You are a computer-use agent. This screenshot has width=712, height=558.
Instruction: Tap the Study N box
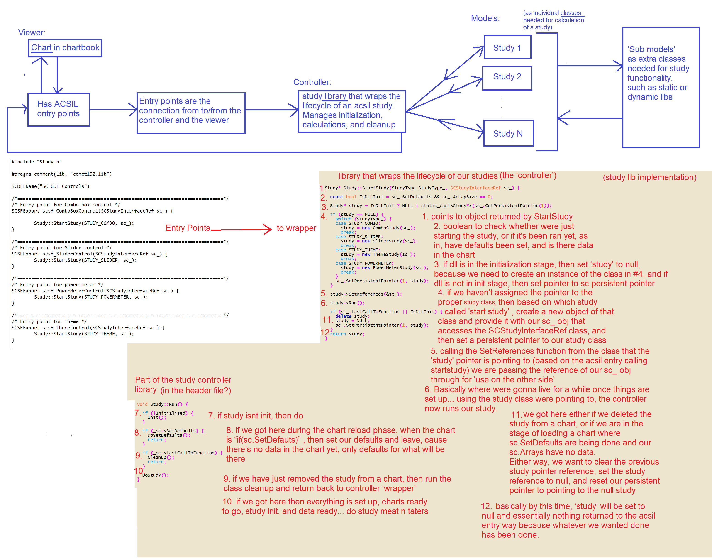[508, 133]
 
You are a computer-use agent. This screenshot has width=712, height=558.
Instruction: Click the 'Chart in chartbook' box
[65, 48]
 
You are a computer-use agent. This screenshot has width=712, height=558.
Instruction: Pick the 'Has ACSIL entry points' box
[59, 109]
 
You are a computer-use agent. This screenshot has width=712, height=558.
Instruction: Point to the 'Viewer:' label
[32, 32]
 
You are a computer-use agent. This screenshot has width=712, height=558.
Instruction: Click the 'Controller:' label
[312, 82]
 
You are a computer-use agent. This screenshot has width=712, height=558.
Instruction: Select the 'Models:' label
[485, 18]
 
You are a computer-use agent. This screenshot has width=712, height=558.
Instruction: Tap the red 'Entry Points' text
[188, 228]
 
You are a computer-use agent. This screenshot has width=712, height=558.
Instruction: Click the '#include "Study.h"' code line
[37, 162]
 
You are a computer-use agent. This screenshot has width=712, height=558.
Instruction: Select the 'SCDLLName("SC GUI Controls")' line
[50, 186]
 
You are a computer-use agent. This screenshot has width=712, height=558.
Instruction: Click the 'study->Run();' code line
[347, 303]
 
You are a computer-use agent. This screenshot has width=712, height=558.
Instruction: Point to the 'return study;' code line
[347, 334]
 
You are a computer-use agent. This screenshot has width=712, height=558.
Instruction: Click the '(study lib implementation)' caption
[649, 177]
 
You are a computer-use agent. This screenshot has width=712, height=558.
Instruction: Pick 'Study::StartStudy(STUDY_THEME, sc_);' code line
[84, 334]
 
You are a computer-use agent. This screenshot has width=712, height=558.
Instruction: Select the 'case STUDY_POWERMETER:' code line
[364, 263]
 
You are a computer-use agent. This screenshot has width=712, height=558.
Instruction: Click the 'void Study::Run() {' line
[162, 404]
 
